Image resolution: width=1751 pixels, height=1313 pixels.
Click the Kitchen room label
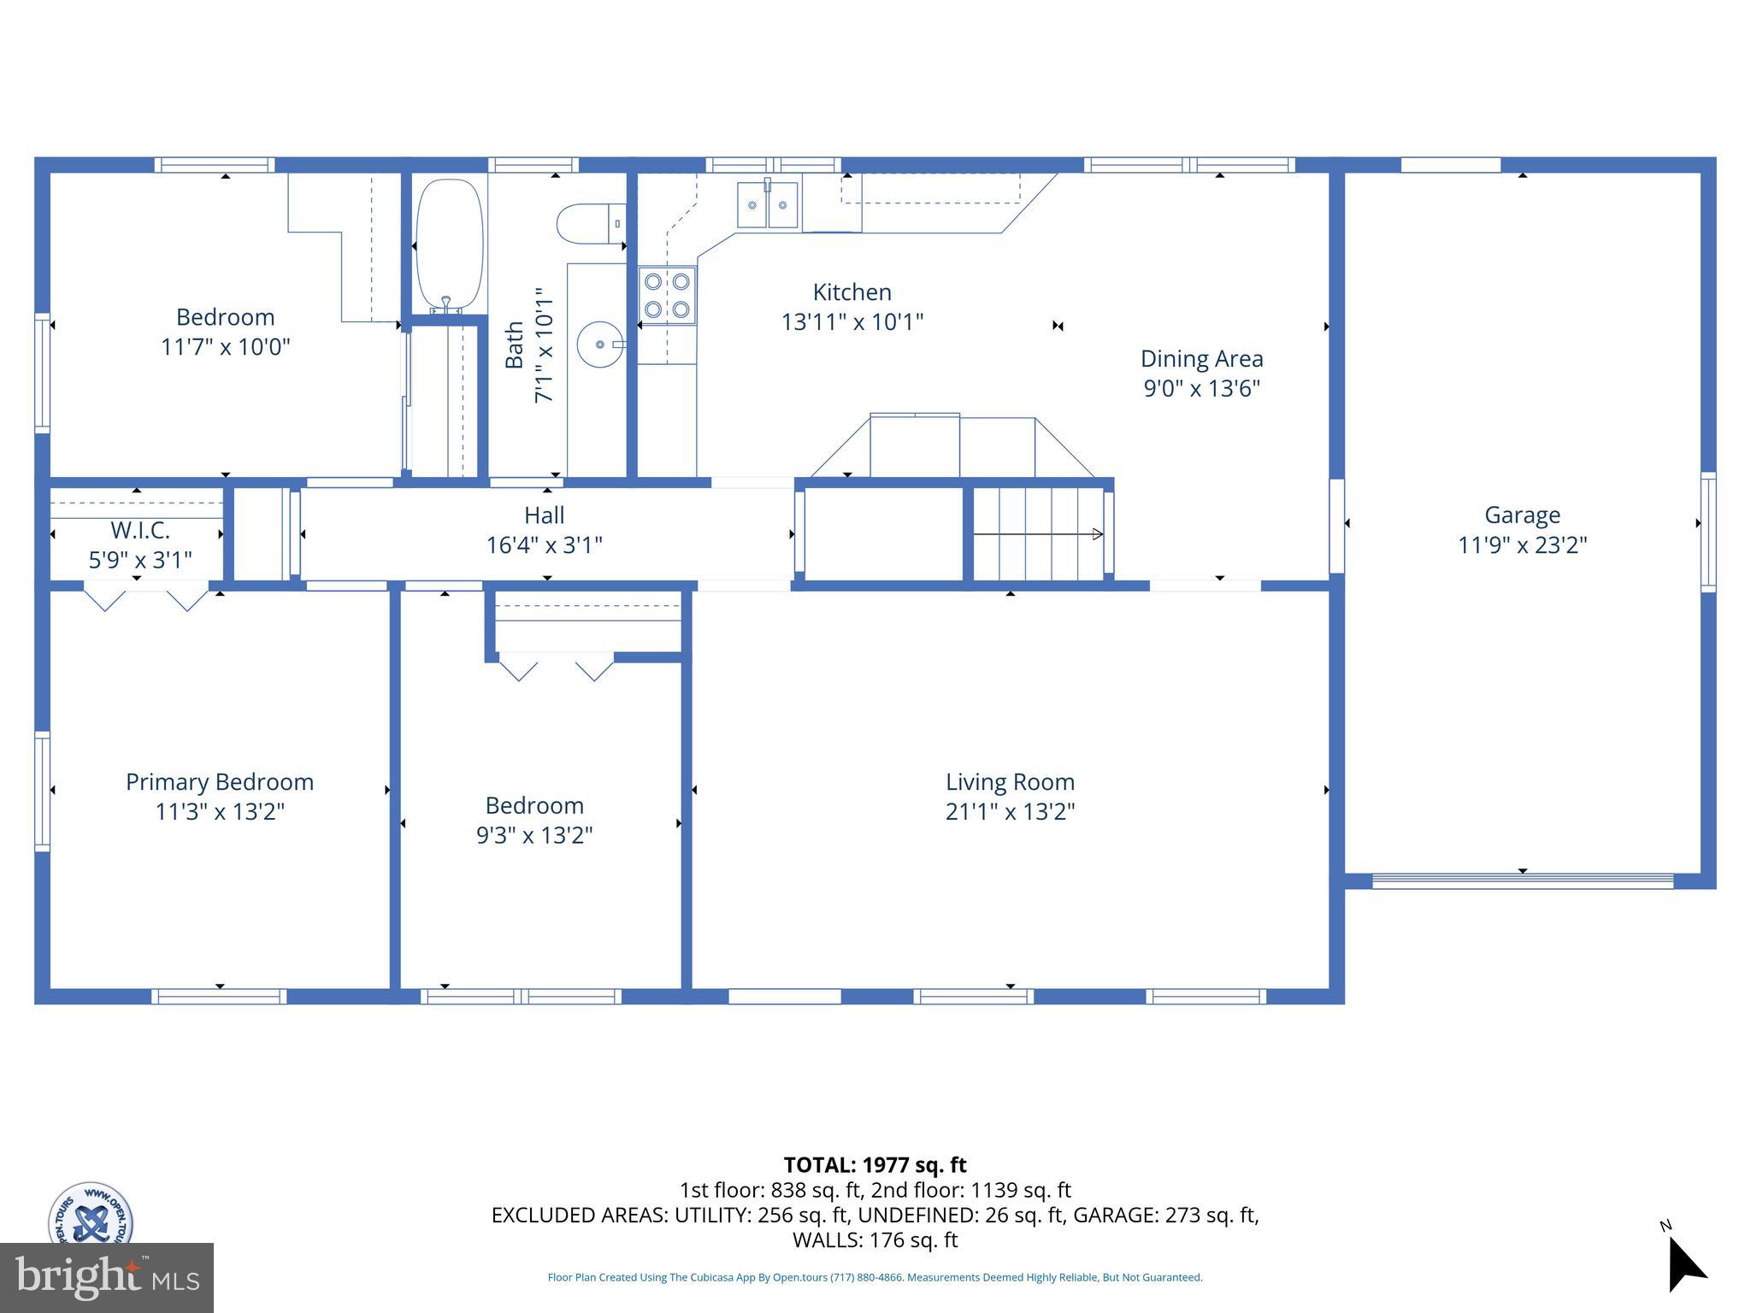852,292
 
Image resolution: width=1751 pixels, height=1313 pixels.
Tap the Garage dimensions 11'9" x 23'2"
1522,545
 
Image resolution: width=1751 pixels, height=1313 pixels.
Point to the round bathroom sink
600,344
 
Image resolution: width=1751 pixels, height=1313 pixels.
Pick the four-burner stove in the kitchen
667,295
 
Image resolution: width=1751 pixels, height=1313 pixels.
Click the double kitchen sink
768,205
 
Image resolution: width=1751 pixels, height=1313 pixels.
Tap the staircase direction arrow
1038,534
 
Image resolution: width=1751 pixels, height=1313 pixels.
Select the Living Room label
1010,782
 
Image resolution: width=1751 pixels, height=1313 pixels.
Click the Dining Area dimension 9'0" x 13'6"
1201,388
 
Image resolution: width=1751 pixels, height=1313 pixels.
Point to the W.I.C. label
140,530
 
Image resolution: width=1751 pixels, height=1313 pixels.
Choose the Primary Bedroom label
220,782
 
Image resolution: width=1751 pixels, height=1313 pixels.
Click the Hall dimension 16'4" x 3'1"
545,545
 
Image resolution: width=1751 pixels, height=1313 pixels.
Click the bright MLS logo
106,1277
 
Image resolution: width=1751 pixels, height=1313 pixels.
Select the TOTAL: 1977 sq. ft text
875,1165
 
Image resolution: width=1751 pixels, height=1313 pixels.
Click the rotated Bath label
514,344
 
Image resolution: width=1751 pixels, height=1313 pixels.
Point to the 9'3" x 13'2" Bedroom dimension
534,835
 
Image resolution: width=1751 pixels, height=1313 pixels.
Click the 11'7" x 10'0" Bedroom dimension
226,347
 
